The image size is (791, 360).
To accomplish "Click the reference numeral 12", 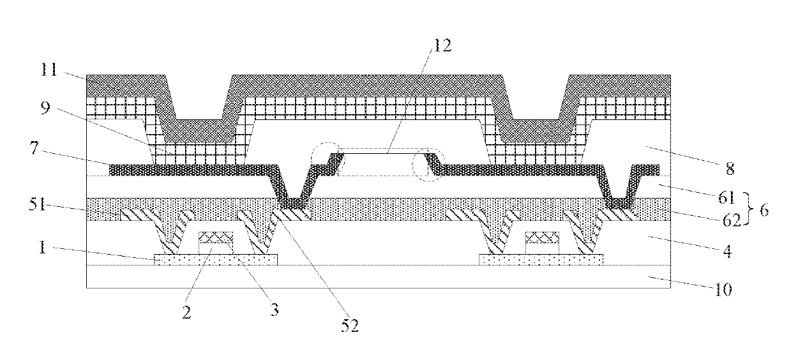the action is (442, 45).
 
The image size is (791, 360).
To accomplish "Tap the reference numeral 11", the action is (49, 69).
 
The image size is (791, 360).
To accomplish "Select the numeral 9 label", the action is (46, 108).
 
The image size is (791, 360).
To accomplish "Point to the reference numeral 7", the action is (34, 148).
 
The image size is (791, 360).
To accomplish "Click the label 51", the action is (38, 204).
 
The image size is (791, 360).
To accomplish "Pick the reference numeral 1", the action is (42, 248).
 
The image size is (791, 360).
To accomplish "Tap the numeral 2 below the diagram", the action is (186, 312).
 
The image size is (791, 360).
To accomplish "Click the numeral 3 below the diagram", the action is (275, 310).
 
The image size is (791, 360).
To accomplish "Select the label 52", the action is (350, 326).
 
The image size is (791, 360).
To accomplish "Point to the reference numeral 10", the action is (723, 290).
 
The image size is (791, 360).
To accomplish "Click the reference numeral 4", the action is (727, 252).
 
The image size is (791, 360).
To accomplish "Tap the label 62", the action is (732, 220).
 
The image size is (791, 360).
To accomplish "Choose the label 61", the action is (727, 197).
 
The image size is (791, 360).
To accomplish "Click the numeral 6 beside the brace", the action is (764, 211).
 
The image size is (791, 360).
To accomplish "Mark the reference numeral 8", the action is (730, 169).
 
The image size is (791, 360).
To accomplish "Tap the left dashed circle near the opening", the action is (328, 159).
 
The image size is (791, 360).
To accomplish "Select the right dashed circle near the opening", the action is (428, 165).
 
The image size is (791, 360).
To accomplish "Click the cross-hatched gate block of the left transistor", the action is (216, 237).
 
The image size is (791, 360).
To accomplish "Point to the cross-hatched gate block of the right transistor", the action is (542, 237).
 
